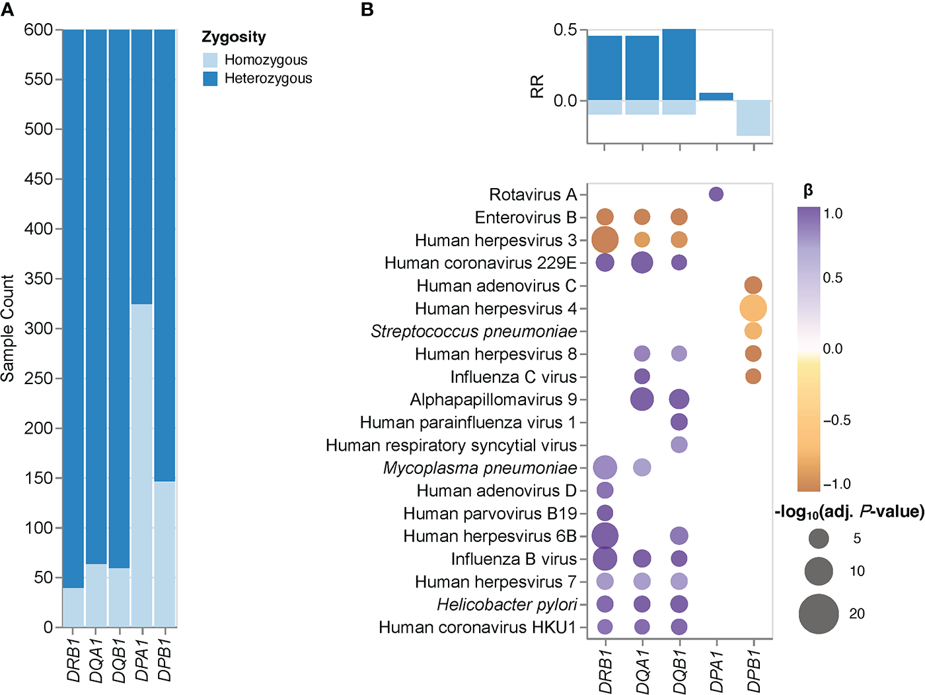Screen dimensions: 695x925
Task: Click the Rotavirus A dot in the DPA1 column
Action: [716, 194]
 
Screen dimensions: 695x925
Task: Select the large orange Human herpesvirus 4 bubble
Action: [753, 308]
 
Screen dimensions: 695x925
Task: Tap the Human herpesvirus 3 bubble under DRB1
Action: [605, 240]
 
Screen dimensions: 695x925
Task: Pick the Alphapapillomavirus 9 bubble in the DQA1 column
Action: [642, 399]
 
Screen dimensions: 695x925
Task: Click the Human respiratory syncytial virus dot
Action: [679, 445]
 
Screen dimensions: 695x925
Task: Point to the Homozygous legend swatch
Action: [210, 60]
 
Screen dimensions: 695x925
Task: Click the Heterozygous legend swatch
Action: [210, 79]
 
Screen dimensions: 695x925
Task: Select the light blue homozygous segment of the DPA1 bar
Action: [142, 465]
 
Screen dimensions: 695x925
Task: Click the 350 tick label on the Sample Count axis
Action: [38, 279]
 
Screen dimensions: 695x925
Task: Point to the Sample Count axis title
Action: [8, 328]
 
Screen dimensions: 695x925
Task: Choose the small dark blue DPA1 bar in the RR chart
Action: [716, 96]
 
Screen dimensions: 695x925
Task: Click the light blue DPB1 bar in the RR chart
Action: [753, 117]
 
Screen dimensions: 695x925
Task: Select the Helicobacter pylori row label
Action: [507, 605]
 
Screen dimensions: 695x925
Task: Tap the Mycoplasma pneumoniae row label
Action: [480, 468]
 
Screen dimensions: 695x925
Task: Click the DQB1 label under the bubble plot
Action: [680, 671]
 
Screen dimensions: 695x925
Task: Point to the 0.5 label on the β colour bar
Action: [832, 278]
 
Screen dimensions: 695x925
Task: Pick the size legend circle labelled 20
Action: [819, 614]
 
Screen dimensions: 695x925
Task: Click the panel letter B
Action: [367, 10]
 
